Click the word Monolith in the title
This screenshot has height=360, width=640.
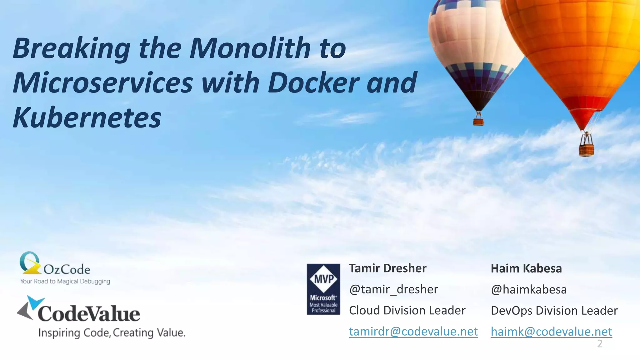point(250,48)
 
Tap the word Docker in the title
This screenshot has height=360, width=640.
point(312,83)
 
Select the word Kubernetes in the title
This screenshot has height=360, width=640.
point(87,118)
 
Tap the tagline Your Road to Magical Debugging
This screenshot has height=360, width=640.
point(65,281)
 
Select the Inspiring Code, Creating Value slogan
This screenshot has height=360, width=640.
point(112,333)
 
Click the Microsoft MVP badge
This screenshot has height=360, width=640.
point(323,289)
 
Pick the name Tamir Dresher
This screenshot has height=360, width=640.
point(387,268)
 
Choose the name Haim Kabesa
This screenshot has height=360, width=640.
point(526,268)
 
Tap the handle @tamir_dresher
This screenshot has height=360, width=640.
point(393,289)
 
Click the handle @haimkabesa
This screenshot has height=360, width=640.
point(529,290)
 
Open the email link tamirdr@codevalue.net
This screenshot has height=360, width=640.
point(413,332)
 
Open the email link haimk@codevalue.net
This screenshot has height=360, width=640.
point(551,332)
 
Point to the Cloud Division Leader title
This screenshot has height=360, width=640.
point(407,310)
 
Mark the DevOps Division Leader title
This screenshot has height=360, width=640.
point(554,311)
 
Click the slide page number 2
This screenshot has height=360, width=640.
point(600,344)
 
